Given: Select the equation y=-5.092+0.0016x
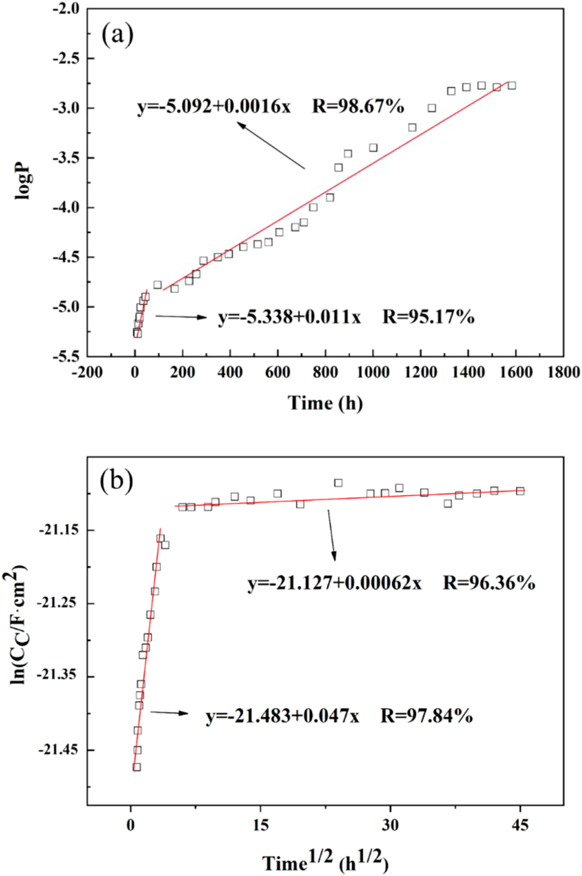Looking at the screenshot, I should (214, 106).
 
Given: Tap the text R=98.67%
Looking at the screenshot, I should (358, 106).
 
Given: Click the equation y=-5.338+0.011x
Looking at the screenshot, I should (289, 317).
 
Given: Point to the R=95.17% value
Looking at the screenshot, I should (428, 317).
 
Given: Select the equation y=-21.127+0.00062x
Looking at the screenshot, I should (335, 583).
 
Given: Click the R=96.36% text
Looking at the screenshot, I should (489, 583).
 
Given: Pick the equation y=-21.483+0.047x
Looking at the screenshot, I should (283, 715).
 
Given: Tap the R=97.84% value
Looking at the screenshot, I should (427, 715).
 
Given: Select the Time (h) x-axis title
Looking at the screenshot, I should (325, 403).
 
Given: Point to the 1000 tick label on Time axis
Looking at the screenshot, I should (373, 372).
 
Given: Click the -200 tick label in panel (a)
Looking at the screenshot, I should (87, 372).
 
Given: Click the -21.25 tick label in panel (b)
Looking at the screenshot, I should (57, 603).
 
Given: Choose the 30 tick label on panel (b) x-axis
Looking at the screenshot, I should (390, 825).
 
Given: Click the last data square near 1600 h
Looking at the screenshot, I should (511, 85).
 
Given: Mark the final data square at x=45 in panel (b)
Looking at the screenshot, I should (520, 491).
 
